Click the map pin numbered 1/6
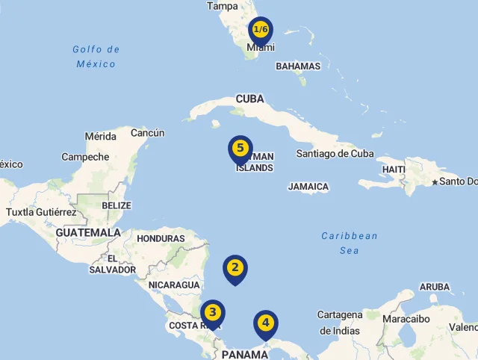(x=261, y=31)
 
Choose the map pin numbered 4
(x=266, y=324)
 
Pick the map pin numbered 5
(x=240, y=149)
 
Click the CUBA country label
(x=250, y=99)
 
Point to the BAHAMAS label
(x=298, y=66)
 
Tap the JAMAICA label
(x=308, y=187)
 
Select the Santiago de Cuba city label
(x=335, y=154)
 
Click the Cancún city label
(x=148, y=133)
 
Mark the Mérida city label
(x=101, y=137)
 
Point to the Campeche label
(x=85, y=157)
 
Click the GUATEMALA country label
(x=88, y=233)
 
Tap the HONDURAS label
(x=161, y=239)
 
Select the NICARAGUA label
(x=174, y=285)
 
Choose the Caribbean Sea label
(x=350, y=243)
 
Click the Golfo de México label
(x=96, y=57)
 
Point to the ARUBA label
(x=435, y=287)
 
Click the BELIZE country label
(x=117, y=205)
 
